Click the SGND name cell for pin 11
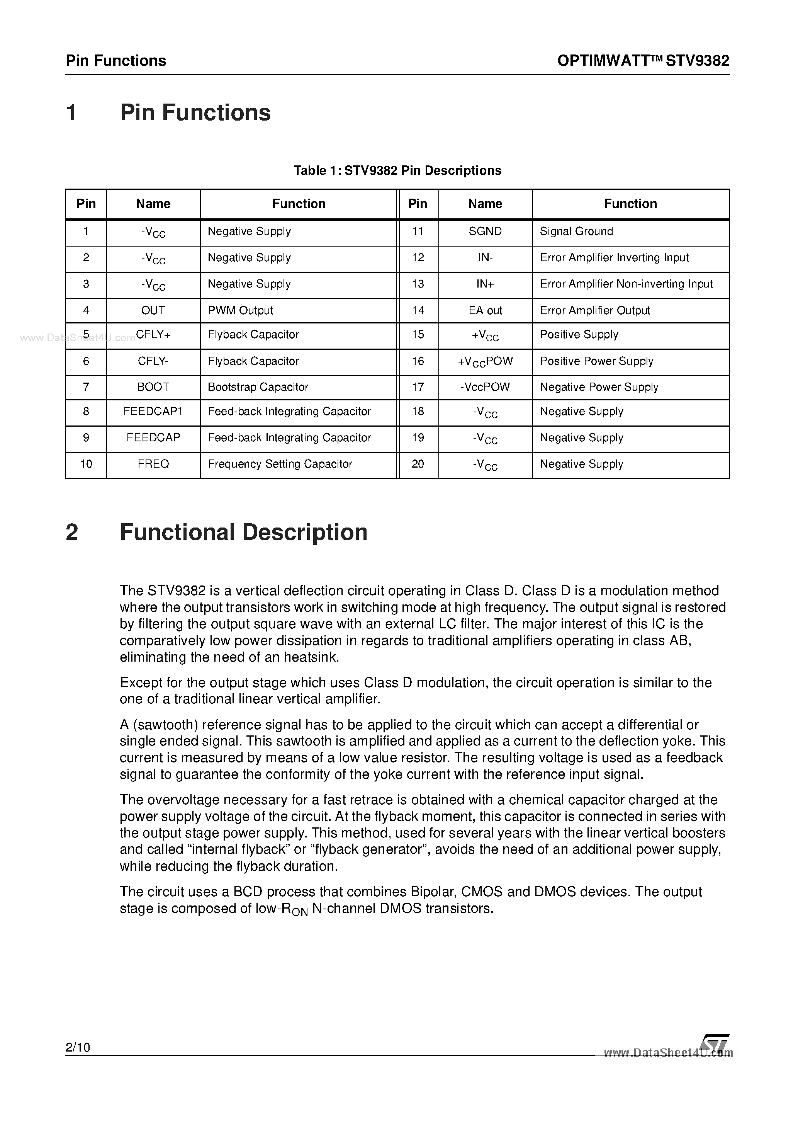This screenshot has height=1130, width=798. click(485, 231)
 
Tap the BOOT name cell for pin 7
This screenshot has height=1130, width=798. click(153, 387)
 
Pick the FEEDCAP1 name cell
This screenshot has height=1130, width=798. click(153, 412)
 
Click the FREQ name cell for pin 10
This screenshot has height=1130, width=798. click(153, 464)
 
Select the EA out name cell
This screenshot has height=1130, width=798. click(485, 311)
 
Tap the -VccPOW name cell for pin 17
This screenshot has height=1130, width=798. click(485, 387)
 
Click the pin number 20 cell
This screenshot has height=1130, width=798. click(418, 464)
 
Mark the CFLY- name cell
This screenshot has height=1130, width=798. click(153, 361)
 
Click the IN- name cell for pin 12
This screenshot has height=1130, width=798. click(485, 257)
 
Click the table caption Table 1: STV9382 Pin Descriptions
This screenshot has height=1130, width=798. click(397, 170)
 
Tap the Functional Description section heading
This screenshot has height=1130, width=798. click(243, 533)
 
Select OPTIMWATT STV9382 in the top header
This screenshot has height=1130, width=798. click(643, 61)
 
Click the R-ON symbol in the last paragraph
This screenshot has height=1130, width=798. click(295, 909)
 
